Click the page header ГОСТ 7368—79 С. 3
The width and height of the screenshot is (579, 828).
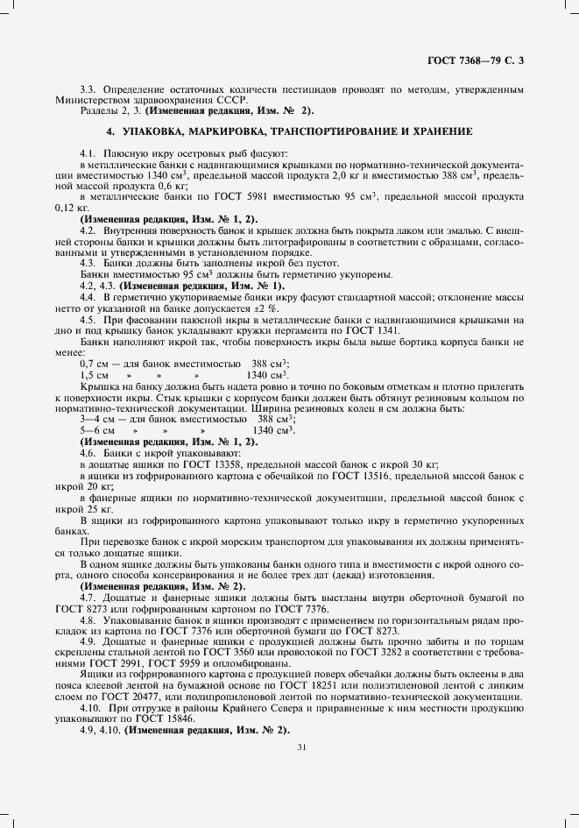(479, 60)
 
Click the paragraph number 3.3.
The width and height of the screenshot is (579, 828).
(89, 90)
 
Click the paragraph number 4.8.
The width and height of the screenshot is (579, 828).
(89, 619)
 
